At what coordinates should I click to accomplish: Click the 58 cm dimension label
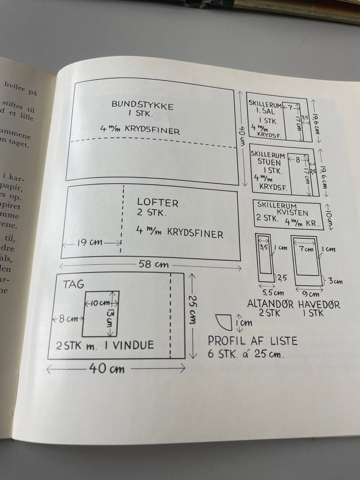153,264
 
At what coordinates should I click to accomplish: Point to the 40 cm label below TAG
107,369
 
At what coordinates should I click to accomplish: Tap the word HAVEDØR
319,304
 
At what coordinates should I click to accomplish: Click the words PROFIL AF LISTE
252,341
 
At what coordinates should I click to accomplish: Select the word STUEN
269,162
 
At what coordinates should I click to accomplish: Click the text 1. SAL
265,111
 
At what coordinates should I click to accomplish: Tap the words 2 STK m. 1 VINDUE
105,345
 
